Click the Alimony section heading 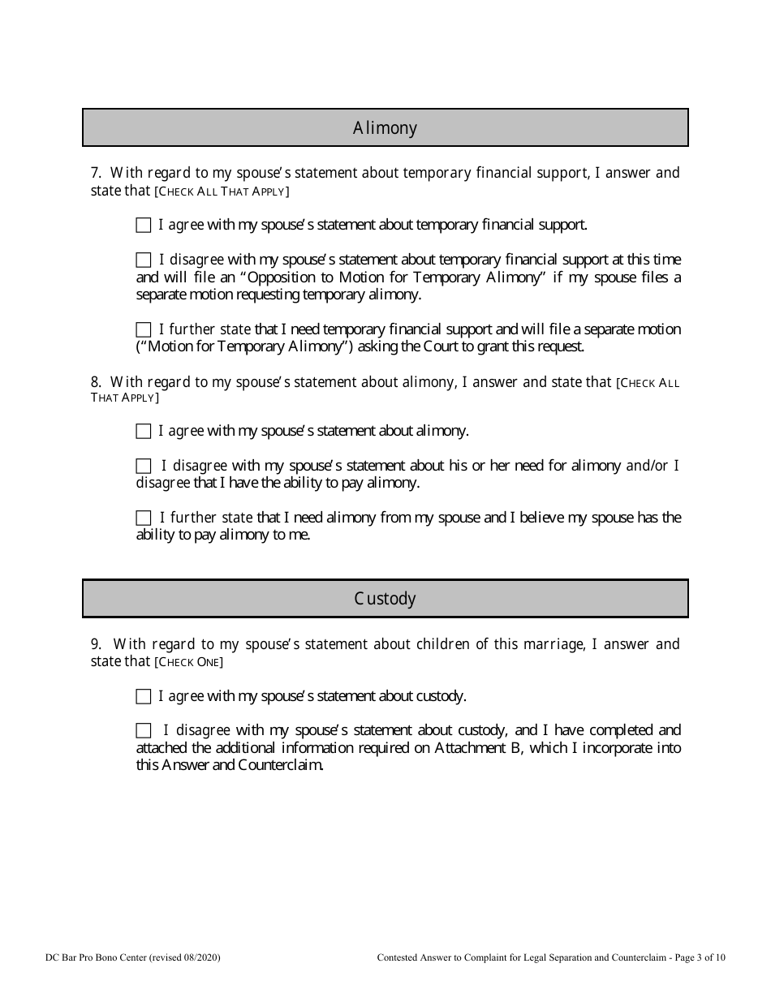pyautogui.click(x=385, y=128)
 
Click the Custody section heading pyautogui.click(x=385, y=599)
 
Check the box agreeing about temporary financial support pyautogui.click(x=144, y=225)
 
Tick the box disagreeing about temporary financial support pyautogui.click(x=144, y=260)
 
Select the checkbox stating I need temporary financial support pyautogui.click(x=144, y=329)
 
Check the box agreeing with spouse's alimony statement pyautogui.click(x=144, y=431)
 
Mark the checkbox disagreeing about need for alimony pyautogui.click(x=144, y=466)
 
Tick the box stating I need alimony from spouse pyautogui.click(x=144, y=518)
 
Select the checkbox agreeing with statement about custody pyautogui.click(x=144, y=696)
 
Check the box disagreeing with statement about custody pyautogui.click(x=144, y=730)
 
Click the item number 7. pyautogui.click(x=95, y=173)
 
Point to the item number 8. pyautogui.click(x=95, y=382)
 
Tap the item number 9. pyautogui.click(x=95, y=644)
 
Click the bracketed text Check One pyautogui.click(x=188, y=663)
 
